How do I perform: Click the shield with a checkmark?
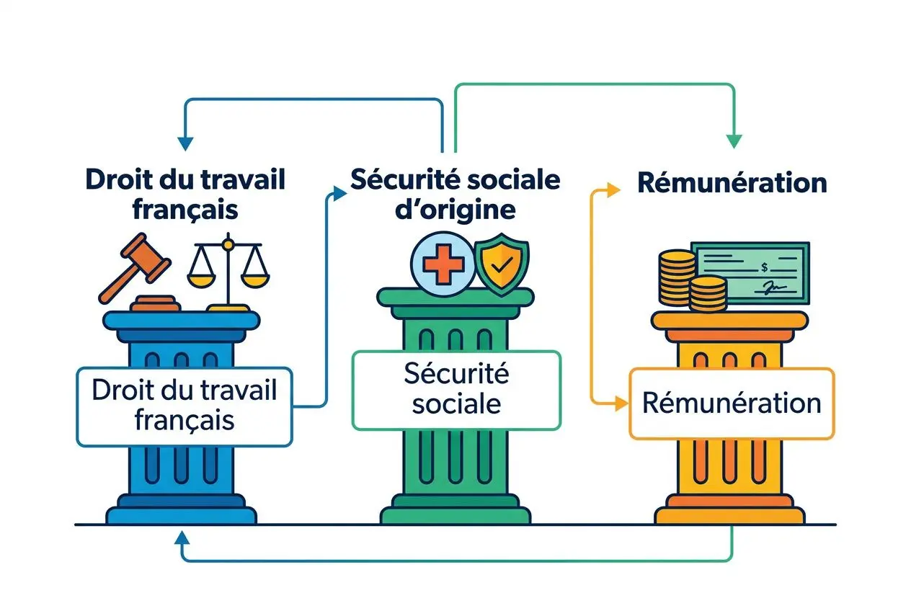[x=501, y=266]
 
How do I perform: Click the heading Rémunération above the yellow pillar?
[x=732, y=183]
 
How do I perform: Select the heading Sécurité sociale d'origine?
[x=455, y=195]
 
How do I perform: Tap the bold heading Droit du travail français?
[x=185, y=193]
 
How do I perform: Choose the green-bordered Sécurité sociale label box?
[x=455, y=390]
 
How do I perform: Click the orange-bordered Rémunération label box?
[x=731, y=403]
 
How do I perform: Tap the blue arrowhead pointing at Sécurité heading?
[x=335, y=192]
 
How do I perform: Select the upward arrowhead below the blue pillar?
[x=182, y=537]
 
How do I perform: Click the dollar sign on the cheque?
[x=762, y=268]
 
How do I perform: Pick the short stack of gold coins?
[x=708, y=294]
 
